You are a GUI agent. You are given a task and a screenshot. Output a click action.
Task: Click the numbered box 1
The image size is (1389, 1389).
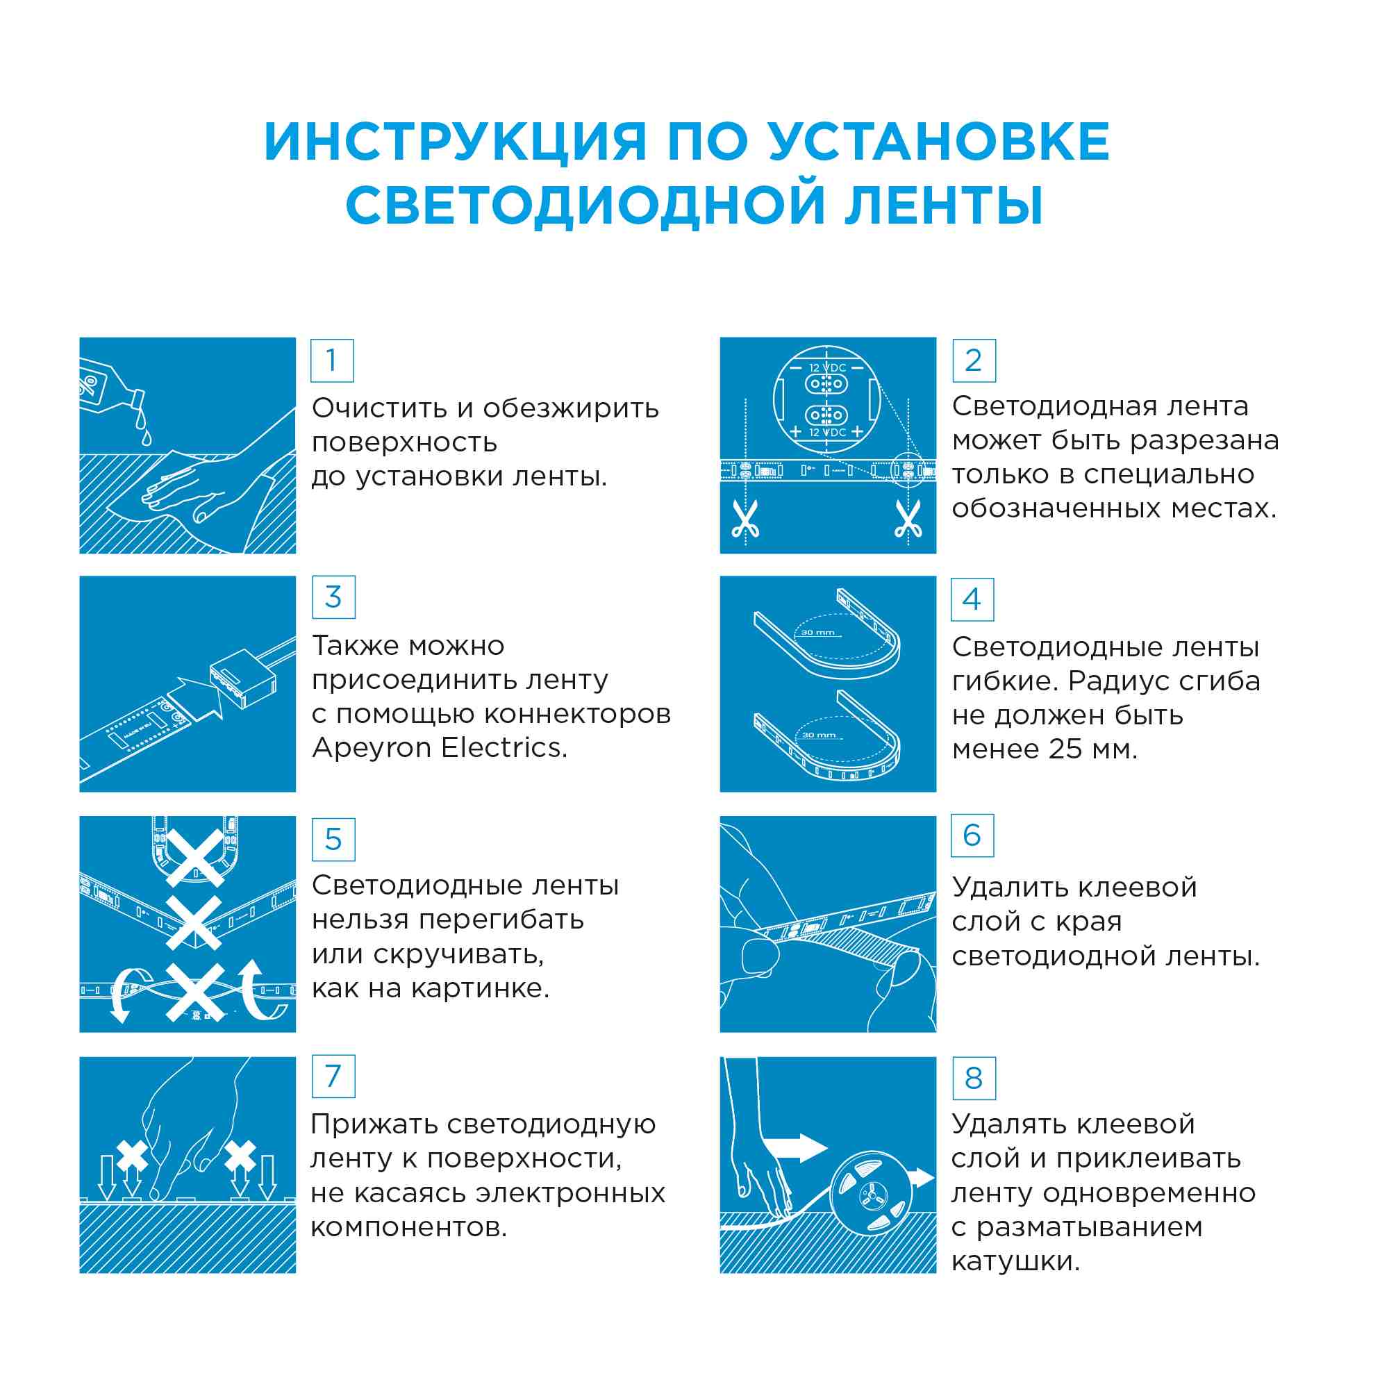(x=331, y=360)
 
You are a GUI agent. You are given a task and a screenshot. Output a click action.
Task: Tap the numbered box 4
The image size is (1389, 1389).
(x=972, y=599)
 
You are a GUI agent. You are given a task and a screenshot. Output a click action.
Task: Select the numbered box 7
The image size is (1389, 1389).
(x=333, y=1076)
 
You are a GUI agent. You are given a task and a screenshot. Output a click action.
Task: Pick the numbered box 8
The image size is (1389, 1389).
(x=974, y=1079)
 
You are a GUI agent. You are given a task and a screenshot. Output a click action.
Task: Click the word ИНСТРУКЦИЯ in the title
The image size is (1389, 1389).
(x=456, y=142)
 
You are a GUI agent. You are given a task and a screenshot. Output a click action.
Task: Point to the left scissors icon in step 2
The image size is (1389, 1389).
(x=745, y=519)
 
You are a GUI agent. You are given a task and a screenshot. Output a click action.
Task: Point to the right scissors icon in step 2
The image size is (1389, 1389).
(x=908, y=519)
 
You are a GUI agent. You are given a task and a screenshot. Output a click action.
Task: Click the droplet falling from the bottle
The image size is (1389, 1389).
(x=147, y=436)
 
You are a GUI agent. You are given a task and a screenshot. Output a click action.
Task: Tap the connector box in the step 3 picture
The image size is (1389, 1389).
(x=243, y=679)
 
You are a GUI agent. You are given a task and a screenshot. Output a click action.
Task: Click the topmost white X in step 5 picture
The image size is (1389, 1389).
(x=194, y=858)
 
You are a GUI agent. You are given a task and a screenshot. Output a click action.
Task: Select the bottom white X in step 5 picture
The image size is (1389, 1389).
(x=194, y=993)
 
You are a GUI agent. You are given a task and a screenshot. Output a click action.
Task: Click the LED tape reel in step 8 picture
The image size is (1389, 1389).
(x=871, y=1195)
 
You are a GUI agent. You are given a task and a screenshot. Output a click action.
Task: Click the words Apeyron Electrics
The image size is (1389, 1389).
(x=440, y=749)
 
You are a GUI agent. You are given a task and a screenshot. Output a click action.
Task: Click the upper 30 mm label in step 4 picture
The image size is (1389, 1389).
(x=818, y=633)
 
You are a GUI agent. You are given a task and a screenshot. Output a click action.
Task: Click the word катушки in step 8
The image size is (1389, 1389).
(x=1015, y=1261)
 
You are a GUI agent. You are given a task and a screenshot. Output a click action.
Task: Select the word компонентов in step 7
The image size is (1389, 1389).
(x=408, y=1227)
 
